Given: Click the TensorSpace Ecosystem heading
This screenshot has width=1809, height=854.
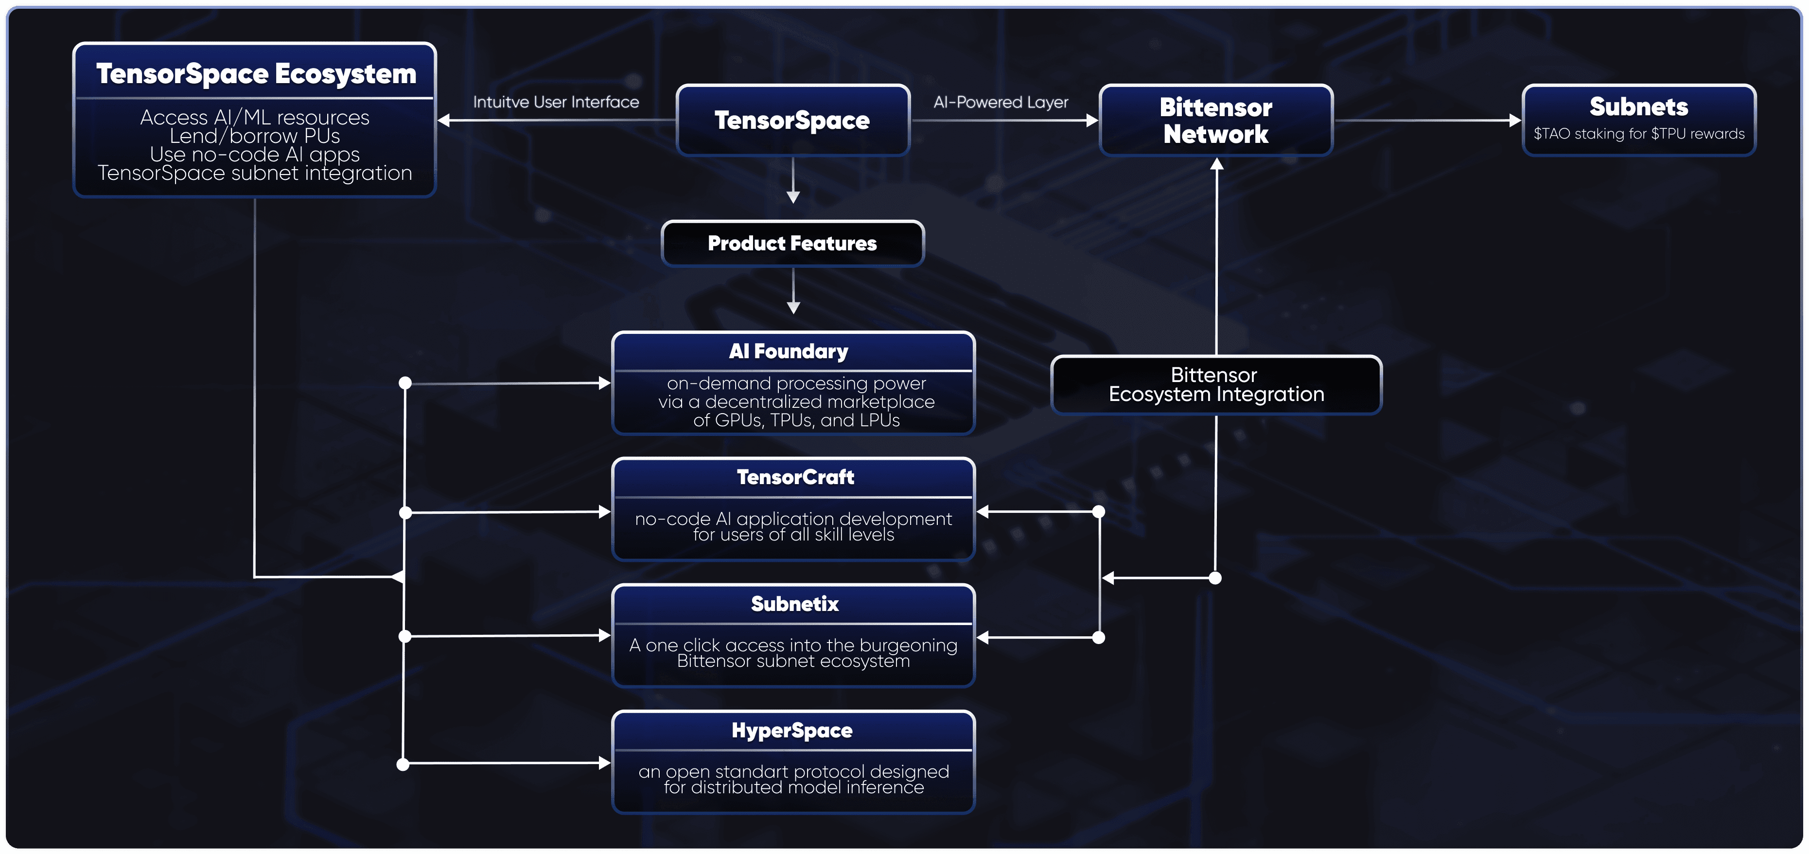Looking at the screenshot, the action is [x=256, y=74].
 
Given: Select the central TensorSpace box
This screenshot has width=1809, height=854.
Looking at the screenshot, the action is [x=793, y=120].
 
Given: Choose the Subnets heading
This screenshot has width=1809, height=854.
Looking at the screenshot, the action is [x=1638, y=107].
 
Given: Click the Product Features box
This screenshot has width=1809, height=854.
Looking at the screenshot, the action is [x=793, y=243].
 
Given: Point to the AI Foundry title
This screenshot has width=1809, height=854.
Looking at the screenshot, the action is [x=789, y=351].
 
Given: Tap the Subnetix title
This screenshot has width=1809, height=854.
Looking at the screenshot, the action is [x=795, y=604].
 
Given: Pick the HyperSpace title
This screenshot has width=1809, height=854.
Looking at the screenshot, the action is [x=792, y=731].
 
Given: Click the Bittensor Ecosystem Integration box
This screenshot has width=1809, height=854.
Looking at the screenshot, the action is [x=1216, y=385].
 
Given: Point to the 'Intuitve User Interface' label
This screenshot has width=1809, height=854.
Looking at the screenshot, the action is [x=556, y=102].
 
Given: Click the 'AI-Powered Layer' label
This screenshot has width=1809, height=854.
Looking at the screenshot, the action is [x=1001, y=102].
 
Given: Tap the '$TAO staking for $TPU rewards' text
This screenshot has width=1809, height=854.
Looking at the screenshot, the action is [x=1639, y=134].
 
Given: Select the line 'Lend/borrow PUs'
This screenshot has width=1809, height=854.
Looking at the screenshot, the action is [x=255, y=136].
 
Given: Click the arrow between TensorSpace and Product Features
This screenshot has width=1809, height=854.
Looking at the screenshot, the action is [x=793, y=180].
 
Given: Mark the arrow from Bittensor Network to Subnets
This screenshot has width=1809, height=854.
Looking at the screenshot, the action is [x=1428, y=120].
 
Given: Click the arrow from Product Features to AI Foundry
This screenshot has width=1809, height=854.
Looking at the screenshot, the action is [x=793, y=291].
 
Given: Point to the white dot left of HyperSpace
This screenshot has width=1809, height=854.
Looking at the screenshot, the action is [x=403, y=764].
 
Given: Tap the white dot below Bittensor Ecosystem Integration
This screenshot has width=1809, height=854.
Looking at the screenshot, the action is [x=1215, y=578].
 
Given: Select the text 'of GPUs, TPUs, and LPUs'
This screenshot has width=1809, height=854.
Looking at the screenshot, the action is [x=796, y=420].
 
